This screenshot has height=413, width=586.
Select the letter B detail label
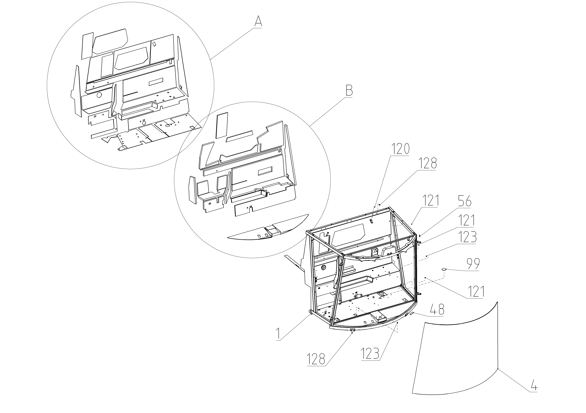click(x=349, y=91)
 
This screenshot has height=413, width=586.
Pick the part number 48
click(x=437, y=310)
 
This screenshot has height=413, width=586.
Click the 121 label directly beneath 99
click(x=476, y=291)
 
